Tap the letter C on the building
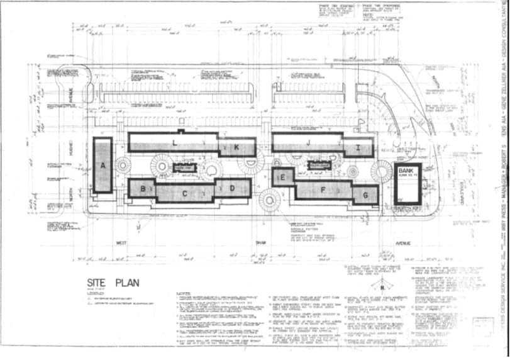pyautogui.click(x=185, y=193)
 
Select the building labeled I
pyautogui.click(x=375, y=148)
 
